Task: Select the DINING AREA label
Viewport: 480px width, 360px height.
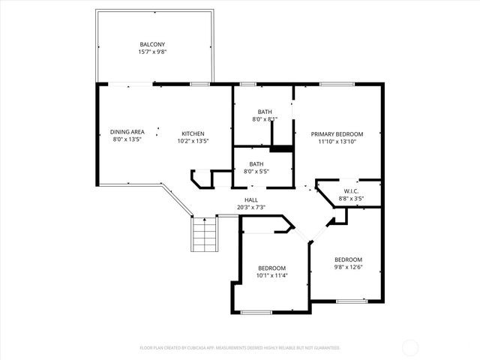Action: click(x=127, y=132)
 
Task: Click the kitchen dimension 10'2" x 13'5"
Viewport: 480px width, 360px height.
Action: click(x=193, y=140)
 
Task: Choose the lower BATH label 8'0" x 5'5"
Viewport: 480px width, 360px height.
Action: click(x=256, y=163)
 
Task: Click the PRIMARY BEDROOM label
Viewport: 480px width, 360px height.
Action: click(x=337, y=133)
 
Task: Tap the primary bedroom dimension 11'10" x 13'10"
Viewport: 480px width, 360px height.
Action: click(x=337, y=142)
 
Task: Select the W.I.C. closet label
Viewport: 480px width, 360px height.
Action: click(x=351, y=191)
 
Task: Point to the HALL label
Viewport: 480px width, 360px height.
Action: click(x=251, y=199)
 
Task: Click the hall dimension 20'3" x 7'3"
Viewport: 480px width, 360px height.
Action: click(x=251, y=208)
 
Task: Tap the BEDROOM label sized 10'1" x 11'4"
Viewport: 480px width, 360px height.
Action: click(x=271, y=268)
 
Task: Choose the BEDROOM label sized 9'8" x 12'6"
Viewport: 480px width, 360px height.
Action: click(x=348, y=259)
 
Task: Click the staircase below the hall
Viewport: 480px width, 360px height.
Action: click(x=204, y=235)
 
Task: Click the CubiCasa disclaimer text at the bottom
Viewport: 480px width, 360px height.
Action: click(x=240, y=348)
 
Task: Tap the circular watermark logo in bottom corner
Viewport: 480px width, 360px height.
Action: click(x=412, y=346)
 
